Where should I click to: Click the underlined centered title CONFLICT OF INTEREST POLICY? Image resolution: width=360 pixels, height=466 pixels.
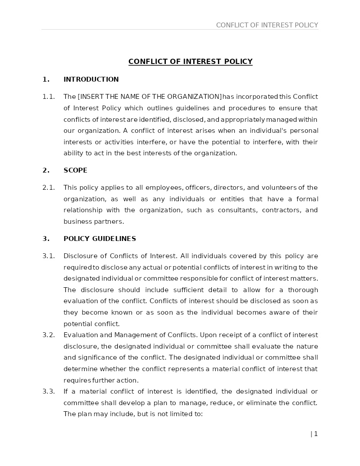pos(190,61)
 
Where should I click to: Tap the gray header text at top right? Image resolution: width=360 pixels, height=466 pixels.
pos(267,25)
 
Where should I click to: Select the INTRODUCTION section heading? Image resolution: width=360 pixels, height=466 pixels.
pos(91,79)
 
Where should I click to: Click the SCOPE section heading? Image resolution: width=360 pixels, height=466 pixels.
pos(75,170)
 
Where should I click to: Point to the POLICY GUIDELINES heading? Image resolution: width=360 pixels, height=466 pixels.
pos(100,239)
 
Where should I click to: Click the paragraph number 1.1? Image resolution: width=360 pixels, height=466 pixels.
pos(49,97)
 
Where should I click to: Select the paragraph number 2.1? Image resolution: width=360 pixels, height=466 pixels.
pos(49,188)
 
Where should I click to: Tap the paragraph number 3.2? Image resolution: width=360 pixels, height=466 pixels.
pos(49,335)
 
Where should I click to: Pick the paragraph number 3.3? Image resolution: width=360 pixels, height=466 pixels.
pos(49,391)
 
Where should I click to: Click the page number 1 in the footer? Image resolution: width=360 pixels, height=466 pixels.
pos(315,434)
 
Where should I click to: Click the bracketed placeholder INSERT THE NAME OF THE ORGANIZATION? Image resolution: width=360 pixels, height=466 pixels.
pos(150,97)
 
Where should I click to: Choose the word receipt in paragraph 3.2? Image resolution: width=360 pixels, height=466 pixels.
pos(216,335)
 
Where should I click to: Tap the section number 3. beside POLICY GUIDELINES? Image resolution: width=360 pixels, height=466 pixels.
pos(46,239)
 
